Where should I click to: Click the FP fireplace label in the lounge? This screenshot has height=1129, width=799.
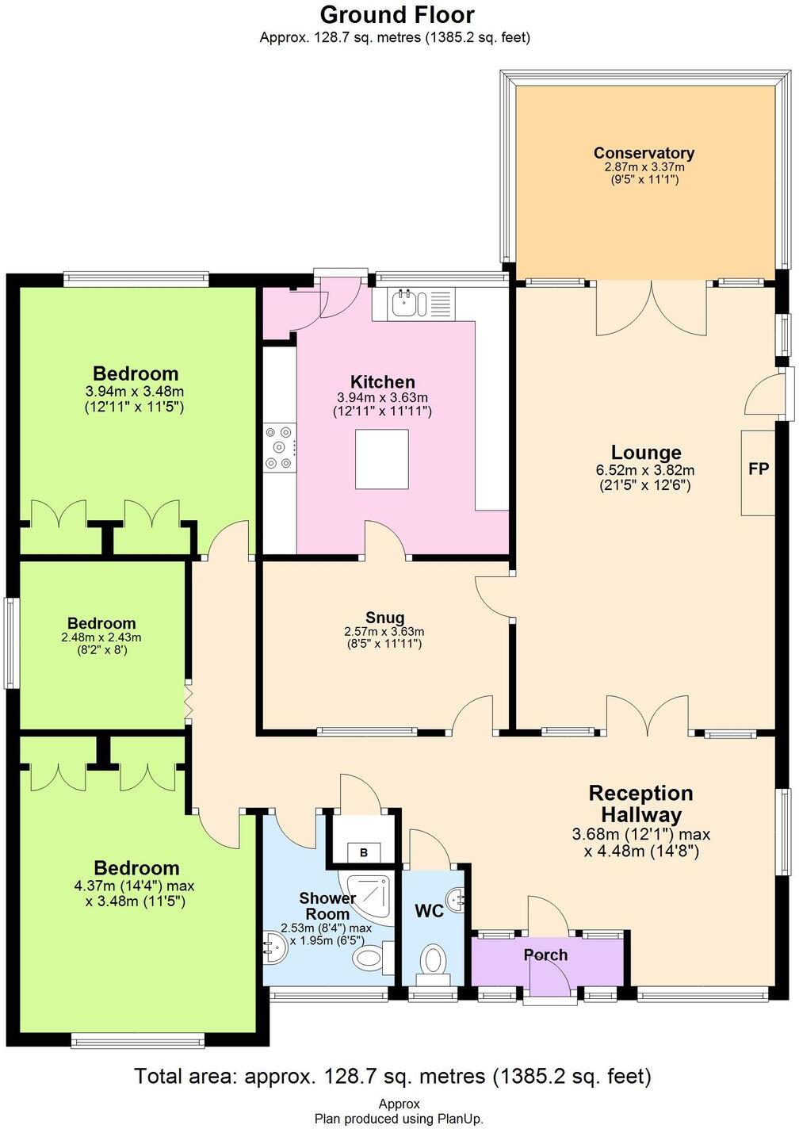pyautogui.click(x=758, y=469)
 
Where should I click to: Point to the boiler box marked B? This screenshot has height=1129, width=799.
pyautogui.click(x=364, y=852)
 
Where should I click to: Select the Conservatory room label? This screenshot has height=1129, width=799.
pyautogui.click(x=644, y=153)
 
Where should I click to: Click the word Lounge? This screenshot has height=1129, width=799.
pyautogui.click(x=647, y=453)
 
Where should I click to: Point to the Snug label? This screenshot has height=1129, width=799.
pyautogui.click(x=384, y=618)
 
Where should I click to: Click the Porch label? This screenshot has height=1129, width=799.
pyautogui.click(x=545, y=955)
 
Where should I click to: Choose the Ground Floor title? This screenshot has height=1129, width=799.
pyautogui.click(x=396, y=14)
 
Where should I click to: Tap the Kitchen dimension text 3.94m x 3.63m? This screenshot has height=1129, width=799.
pyautogui.click(x=383, y=398)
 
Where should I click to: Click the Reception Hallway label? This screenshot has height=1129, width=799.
pyautogui.click(x=640, y=803)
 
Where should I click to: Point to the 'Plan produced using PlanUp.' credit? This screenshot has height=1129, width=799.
pyautogui.click(x=399, y=1118)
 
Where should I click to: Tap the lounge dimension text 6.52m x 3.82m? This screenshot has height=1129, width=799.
pyautogui.click(x=644, y=471)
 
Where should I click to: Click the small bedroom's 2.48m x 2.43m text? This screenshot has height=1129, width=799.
pyautogui.click(x=101, y=637)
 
